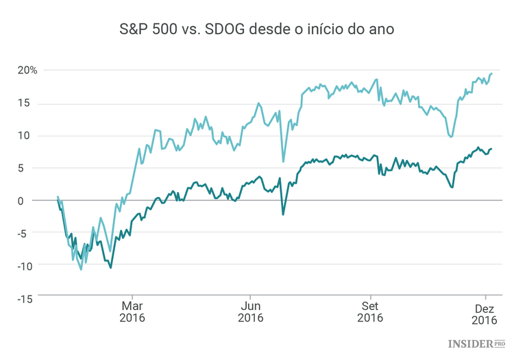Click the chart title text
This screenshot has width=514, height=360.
[256, 30]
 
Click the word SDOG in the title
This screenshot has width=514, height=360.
[235, 30]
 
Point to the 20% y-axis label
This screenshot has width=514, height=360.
[27, 70]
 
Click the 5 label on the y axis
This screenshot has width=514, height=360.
[34, 168]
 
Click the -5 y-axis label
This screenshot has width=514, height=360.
[32, 233]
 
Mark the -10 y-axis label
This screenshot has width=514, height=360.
[29, 265]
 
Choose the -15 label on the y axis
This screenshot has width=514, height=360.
[29, 298]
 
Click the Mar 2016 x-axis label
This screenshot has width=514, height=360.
[132, 312]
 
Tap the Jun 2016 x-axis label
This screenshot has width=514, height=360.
[251, 312]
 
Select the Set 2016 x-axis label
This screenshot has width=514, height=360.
[369, 312]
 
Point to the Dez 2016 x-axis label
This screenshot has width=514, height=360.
[485, 312]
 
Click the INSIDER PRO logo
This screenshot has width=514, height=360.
[477, 343]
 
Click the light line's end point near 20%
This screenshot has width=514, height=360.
[491, 73]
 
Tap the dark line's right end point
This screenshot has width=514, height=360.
[491, 148]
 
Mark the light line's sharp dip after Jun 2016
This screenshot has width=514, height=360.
[283, 162]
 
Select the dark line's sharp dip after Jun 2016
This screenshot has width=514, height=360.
[283, 215]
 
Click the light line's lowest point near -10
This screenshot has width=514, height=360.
[81, 269]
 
